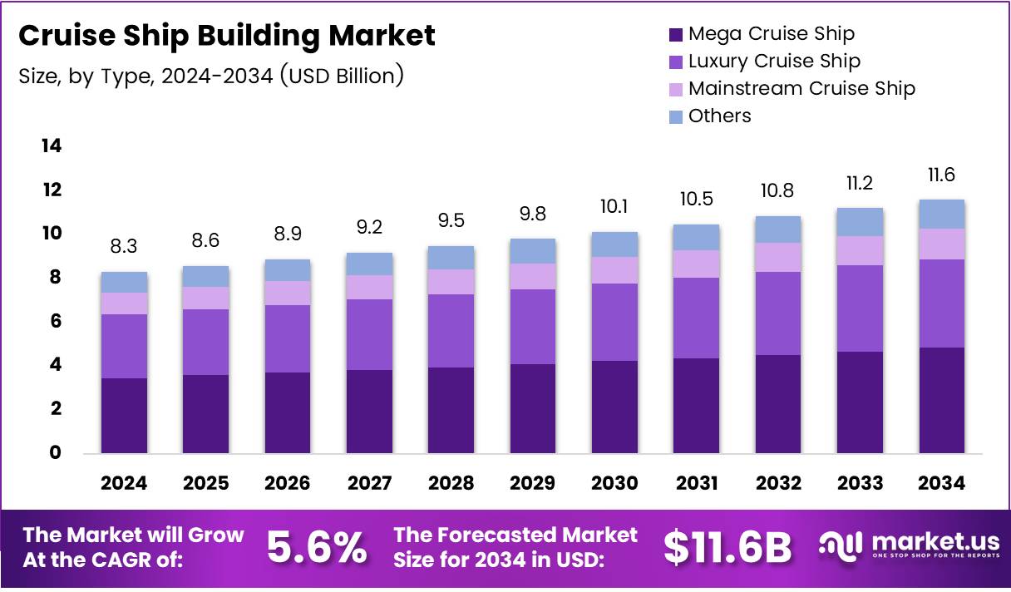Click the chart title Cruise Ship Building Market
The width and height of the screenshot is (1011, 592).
pyautogui.click(x=226, y=36)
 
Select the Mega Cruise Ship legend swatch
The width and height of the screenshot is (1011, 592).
pyautogui.click(x=675, y=34)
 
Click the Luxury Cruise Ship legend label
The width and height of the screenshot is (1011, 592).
pyautogui.click(x=774, y=62)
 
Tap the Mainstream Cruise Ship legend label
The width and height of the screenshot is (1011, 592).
pyautogui.click(x=801, y=89)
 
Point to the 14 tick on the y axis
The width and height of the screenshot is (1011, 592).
pyautogui.click(x=52, y=146)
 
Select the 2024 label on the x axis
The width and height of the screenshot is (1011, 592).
pyautogui.click(x=125, y=483)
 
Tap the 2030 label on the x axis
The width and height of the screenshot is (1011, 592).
pyautogui.click(x=614, y=483)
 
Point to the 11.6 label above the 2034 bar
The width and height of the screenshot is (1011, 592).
pyautogui.click(x=941, y=175)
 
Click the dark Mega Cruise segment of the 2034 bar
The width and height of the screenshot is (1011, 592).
pyautogui.click(x=941, y=400)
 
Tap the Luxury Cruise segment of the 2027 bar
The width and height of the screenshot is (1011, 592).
pyautogui.click(x=369, y=334)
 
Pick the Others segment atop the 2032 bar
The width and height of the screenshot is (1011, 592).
pyautogui.click(x=778, y=229)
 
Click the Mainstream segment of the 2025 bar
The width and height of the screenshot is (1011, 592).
pyautogui.click(x=206, y=298)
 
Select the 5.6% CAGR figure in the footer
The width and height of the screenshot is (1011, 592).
pyautogui.click(x=317, y=547)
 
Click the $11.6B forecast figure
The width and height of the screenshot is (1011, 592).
pyautogui.click(x=727, y=547)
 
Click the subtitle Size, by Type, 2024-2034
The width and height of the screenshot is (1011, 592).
pyautogui.click(x=211, y=76)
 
